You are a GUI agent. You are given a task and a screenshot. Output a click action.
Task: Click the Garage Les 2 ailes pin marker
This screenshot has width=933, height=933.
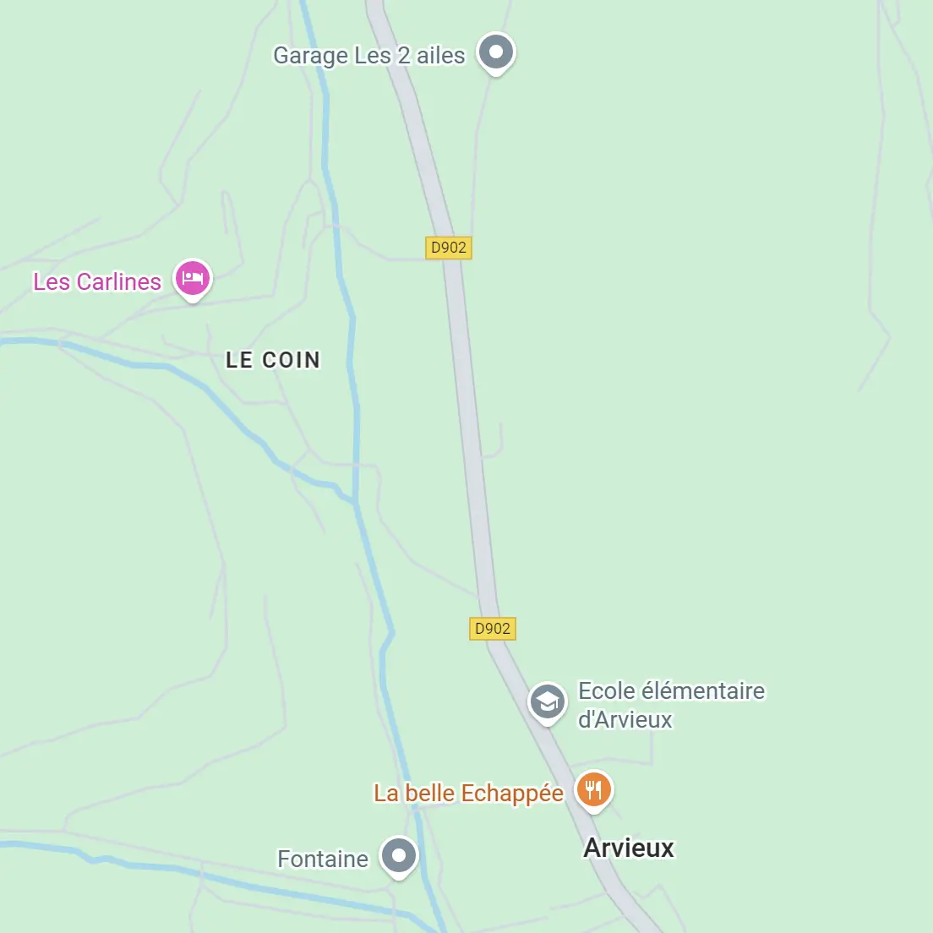(x=496, y=52)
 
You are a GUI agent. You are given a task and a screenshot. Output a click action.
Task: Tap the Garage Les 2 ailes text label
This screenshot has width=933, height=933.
(x=368, y=56)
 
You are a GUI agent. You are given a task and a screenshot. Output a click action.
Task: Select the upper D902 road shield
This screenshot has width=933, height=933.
(x=448, y=248)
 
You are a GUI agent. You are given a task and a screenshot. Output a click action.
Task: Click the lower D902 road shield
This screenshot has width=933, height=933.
(x=492, y=629)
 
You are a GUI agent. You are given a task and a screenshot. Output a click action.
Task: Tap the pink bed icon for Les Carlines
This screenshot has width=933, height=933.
(x=193, y=278)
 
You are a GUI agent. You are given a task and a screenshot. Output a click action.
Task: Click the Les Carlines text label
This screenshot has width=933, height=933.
(x=96, y=282)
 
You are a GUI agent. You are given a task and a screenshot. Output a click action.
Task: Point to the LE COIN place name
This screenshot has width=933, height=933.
(x=273, y=360)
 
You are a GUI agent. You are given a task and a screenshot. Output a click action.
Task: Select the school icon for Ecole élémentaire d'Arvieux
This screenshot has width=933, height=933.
(x=547, y=701)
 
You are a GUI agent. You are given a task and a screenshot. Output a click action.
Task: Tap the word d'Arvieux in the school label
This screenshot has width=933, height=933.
(x=625, y=720)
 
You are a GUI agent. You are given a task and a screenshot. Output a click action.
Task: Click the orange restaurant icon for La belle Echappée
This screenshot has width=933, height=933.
(x=594, y=790)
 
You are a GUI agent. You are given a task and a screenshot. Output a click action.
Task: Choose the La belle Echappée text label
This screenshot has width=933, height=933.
(x=468, y=794)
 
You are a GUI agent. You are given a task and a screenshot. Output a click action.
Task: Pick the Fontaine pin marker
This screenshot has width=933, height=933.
(x=399, y=856)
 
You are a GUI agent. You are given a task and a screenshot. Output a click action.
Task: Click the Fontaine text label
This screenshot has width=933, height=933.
(x=323, y=859)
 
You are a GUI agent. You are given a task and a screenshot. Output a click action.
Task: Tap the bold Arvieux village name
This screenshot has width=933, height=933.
(x=629, y=848)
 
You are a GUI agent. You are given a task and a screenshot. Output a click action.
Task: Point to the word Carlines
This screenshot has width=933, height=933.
(x=118, y=282)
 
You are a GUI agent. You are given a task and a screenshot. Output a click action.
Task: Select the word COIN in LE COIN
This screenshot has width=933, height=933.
(x=292, y=360)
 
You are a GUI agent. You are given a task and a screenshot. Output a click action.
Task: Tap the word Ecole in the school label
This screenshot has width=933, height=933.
(x=606, y=691)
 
